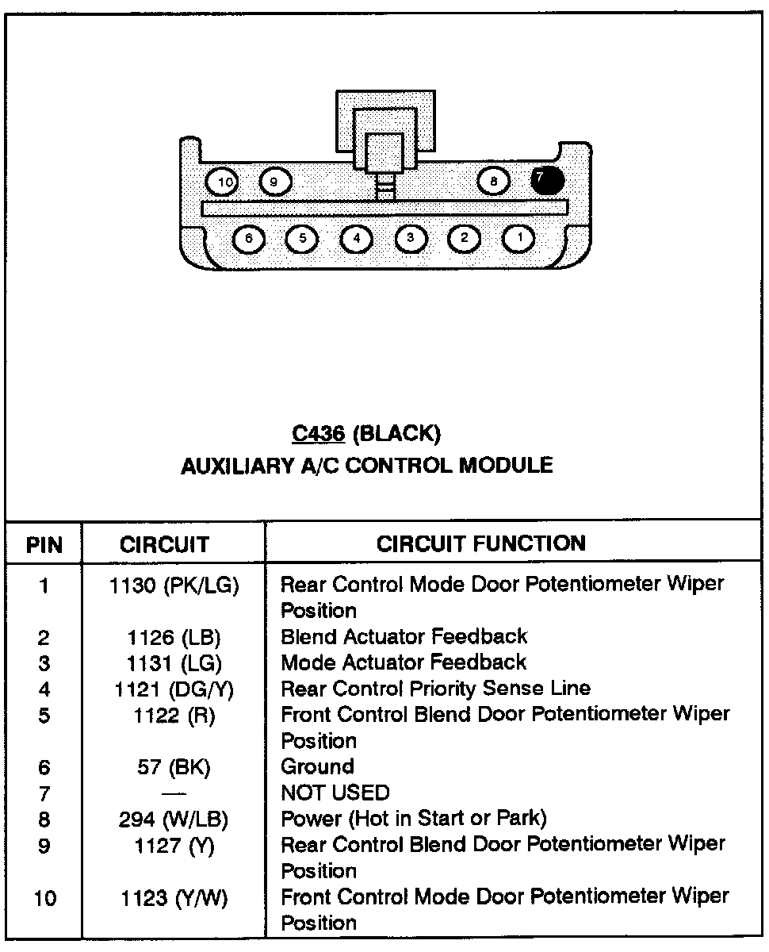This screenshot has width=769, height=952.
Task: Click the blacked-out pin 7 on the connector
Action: pos(547,181)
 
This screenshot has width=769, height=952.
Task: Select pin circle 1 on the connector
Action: pos(519,237)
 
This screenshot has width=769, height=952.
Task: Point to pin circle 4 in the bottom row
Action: pos(357,238)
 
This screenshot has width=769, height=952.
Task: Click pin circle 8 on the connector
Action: pos(494,182)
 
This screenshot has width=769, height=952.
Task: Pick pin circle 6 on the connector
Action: pos(249,238)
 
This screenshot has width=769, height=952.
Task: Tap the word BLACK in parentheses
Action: pos(396,433)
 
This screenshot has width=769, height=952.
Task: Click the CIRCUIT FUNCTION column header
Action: pos(481,543)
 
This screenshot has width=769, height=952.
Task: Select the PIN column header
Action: pos(44,545)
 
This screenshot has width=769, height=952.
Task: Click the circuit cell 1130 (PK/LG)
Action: pos(174,585)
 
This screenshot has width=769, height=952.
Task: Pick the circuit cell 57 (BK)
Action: pos(174,767)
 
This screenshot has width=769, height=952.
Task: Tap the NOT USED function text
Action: pos(335,793)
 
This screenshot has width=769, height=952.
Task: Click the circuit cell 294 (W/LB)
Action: pos(174,819)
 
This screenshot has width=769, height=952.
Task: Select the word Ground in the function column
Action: pos(317,767)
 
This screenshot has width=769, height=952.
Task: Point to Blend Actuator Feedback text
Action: pos(404,636)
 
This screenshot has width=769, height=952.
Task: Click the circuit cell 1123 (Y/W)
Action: pos(174,897)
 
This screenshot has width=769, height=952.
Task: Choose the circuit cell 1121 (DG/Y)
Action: pos(174,689)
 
